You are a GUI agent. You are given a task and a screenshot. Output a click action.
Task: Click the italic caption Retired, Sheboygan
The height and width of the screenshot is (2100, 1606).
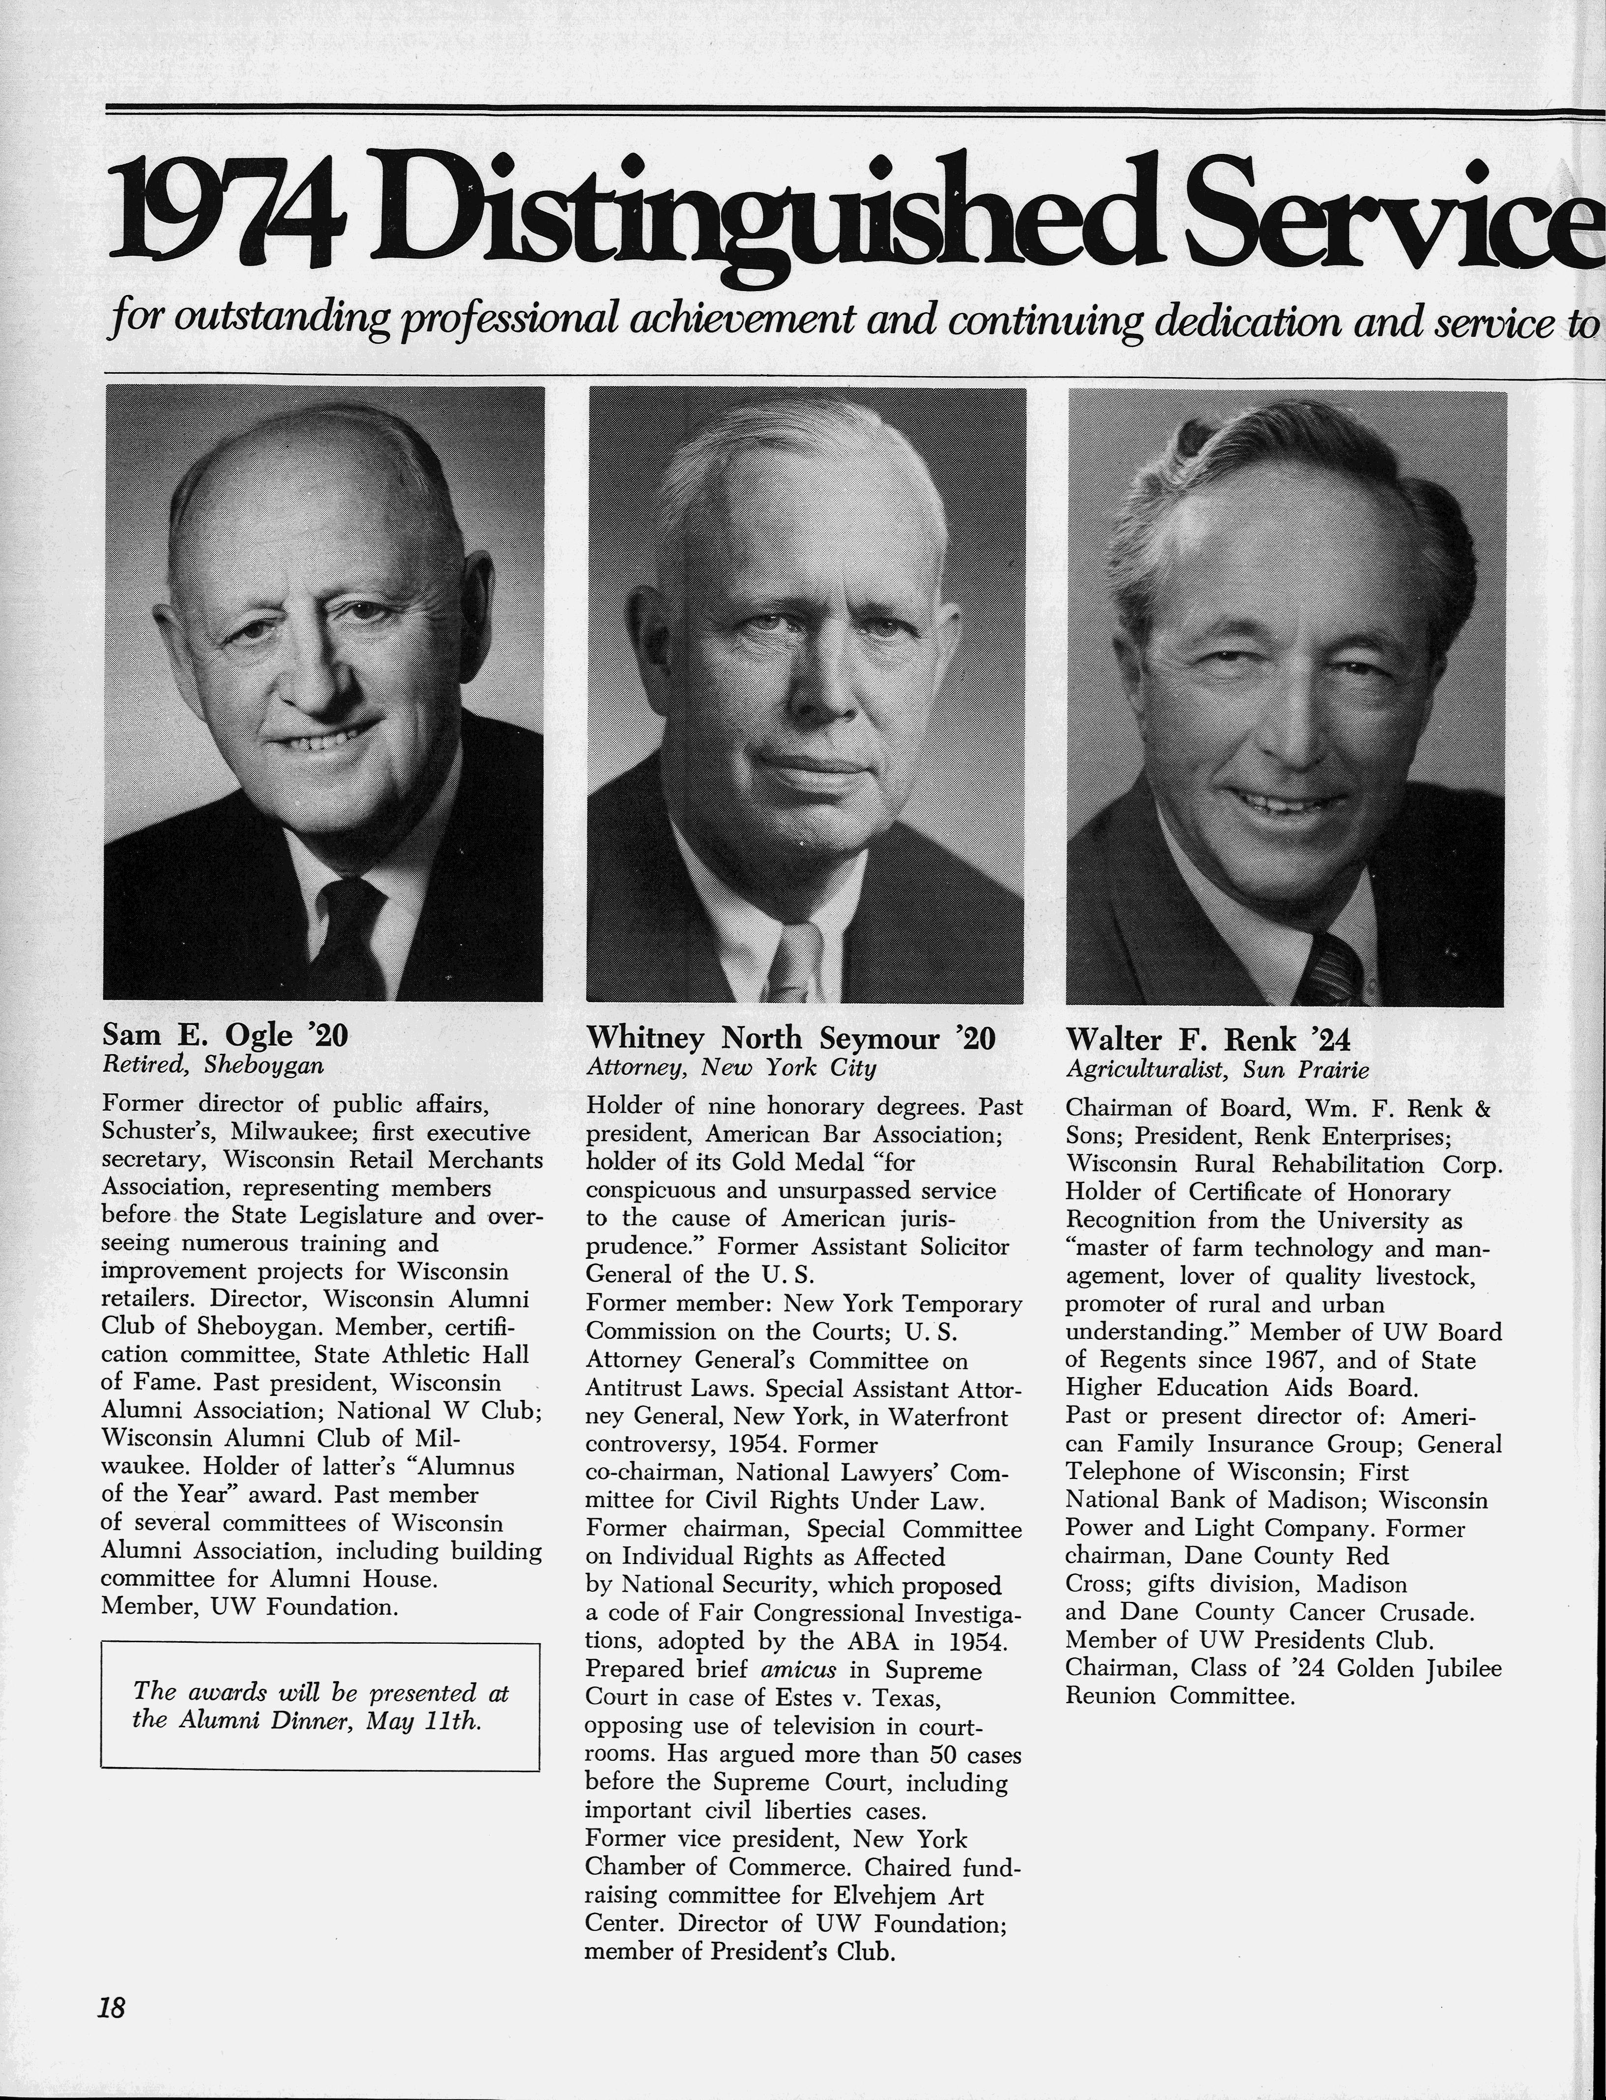click(x=212, y=1065)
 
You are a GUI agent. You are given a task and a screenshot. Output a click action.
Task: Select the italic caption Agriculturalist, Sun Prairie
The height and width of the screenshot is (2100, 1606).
click(x=1218, y=1069)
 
